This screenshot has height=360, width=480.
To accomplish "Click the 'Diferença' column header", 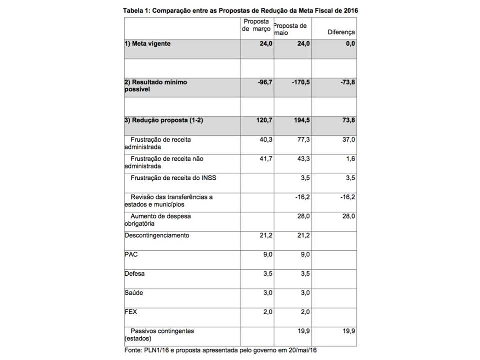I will (341, 32).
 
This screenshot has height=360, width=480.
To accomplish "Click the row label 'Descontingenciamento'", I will (156, 235).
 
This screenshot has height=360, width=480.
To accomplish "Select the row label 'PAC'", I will (130, 254).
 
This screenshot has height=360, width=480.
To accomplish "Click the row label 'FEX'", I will (130, 312).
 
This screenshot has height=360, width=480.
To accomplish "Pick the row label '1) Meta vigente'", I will (147, 44).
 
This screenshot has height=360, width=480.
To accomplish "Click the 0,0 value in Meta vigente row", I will (350, 44).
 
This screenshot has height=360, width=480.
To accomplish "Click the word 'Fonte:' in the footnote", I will (134, 350).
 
